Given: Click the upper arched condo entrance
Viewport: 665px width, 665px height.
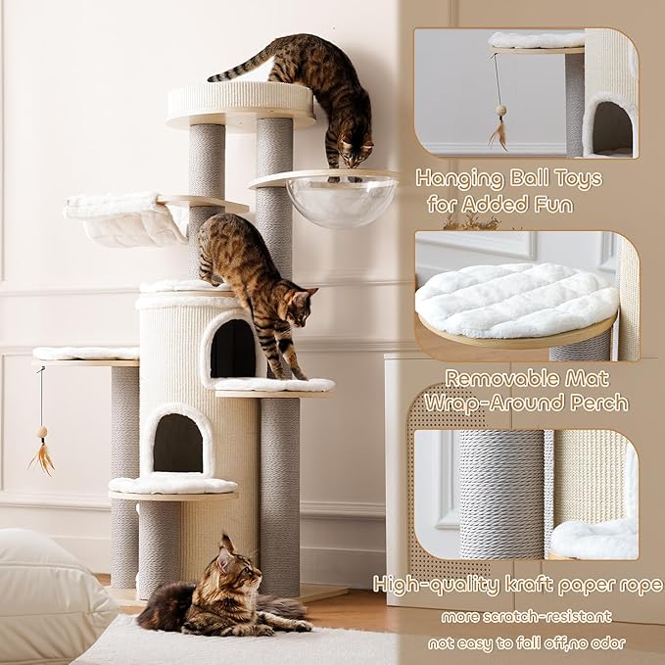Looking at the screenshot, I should [232, 348].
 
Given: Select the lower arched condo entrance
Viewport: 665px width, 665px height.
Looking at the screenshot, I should [178, 443].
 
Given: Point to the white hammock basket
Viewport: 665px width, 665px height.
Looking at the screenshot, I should [123, 221].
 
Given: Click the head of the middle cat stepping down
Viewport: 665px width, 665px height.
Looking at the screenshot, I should [298, 304].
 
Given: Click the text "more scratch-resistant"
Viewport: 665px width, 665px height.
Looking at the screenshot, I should [526, 616].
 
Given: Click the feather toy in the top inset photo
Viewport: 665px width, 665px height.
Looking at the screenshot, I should [499, 127].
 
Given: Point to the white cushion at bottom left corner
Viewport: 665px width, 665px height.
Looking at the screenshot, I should [49, 593].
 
